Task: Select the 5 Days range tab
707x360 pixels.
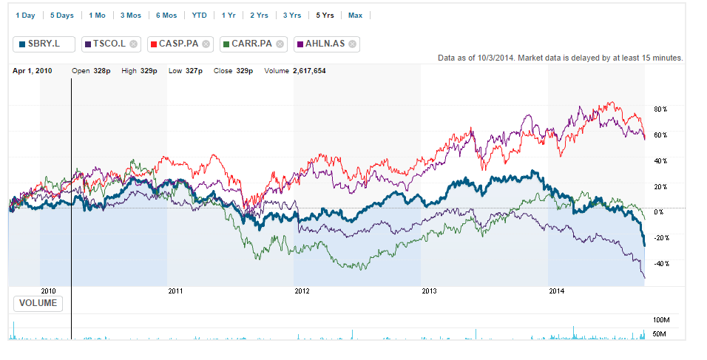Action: (x=61, y=16)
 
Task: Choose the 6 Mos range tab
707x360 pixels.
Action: (x=166, y=16)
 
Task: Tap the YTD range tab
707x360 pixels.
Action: (x=200, y=16)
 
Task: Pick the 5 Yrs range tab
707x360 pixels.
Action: (x=323, y=16)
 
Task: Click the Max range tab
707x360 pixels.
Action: (x=355, y=16)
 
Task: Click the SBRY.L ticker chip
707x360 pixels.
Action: (x=44, y=44)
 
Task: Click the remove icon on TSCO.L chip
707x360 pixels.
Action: (x=133, y=44)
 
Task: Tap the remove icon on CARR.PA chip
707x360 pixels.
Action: (x=280, y=44)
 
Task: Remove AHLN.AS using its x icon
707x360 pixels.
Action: (x=353, y=44)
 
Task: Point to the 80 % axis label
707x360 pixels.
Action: (x=660, y=109)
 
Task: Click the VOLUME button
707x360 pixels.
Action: (x=38, y=303)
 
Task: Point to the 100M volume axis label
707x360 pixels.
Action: (x=661, y=320)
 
